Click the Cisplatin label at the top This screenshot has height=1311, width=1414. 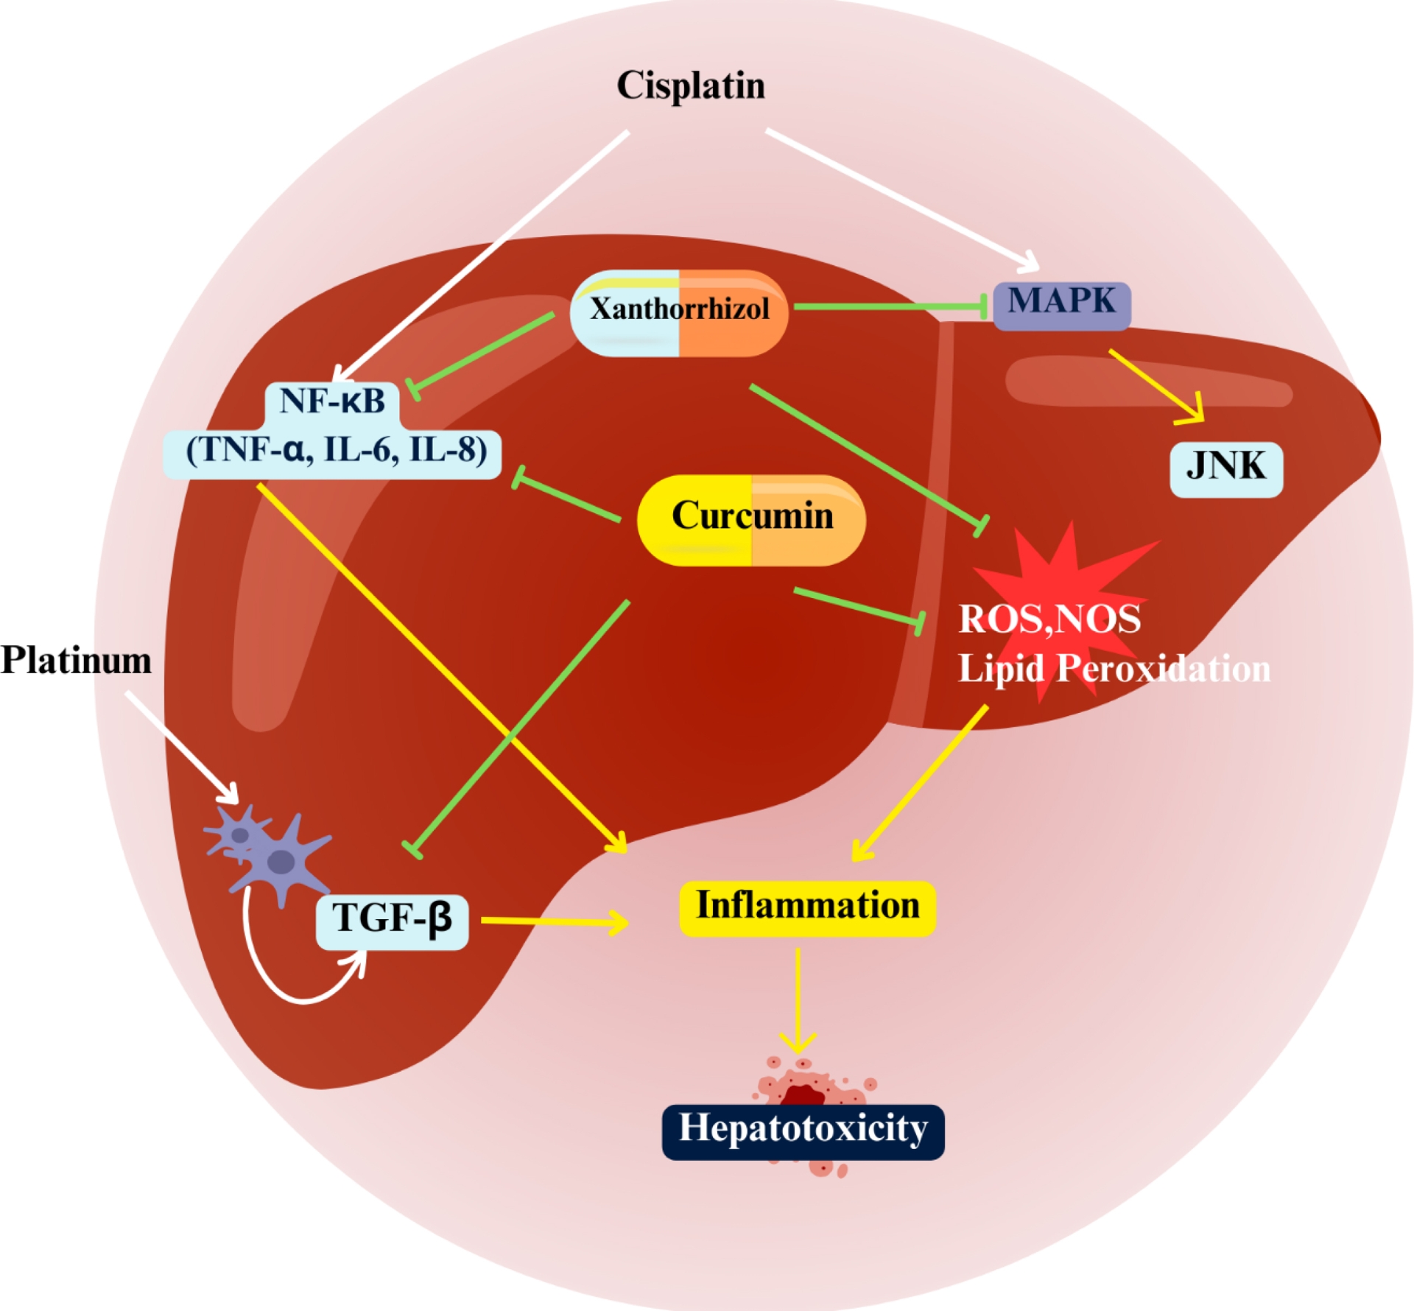pyautogui.click(x=690, y=85)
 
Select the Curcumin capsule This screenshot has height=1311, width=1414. pyautogui.click(x=751, y=519)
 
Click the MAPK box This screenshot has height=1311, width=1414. pyautogui.click(x=1061, y=303)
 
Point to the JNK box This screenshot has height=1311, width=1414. pyautogui.click(x=1225, y=468)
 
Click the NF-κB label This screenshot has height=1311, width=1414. pyautogui.click(x=332, y=402)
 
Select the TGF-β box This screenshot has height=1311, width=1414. pyautogui.click(x=392, y=921)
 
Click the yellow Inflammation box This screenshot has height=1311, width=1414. pyautogui.click(x=807, y=907)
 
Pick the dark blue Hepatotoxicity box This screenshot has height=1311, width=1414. pyautogui.click(x=803, y=1131)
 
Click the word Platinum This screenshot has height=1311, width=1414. pyautogui.click(x=76, y=661)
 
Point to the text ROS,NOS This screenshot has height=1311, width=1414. pyautogui.click(x=1049, y=619)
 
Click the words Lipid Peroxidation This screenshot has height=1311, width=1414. pyautogui.click(x=1114, y=669)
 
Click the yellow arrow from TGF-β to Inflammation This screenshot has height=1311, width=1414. pyautogui.click(x=552, y=921)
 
